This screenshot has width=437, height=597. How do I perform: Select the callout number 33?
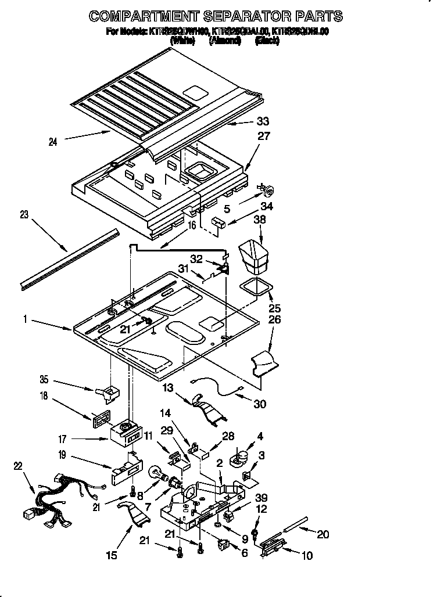pos(263,122)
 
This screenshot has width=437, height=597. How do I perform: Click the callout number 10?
pos(307,556)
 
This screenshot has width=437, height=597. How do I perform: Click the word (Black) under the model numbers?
pos(267,41)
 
